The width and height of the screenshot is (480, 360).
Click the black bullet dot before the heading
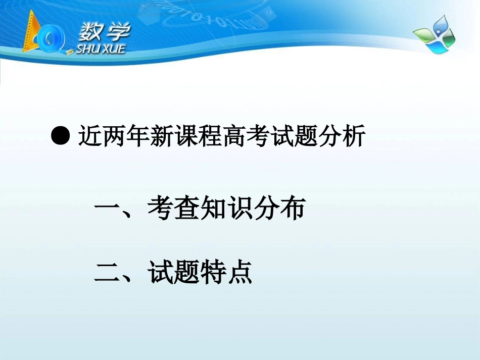click(x=61, y=136)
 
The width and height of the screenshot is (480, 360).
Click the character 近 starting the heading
click(x=90, y=136)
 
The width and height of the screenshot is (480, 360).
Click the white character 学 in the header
click(x=117, y=32)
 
